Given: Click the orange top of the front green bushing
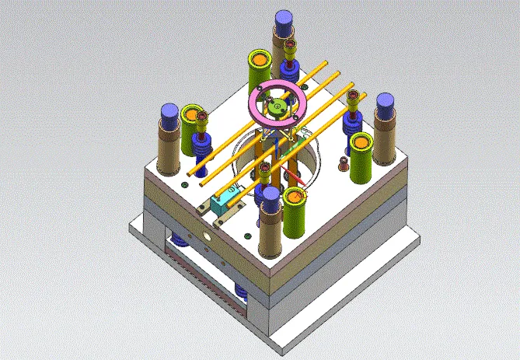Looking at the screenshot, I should click(296, 195).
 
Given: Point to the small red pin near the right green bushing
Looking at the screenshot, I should click(344, 163).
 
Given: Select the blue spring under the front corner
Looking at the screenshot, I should click(241, 292).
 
